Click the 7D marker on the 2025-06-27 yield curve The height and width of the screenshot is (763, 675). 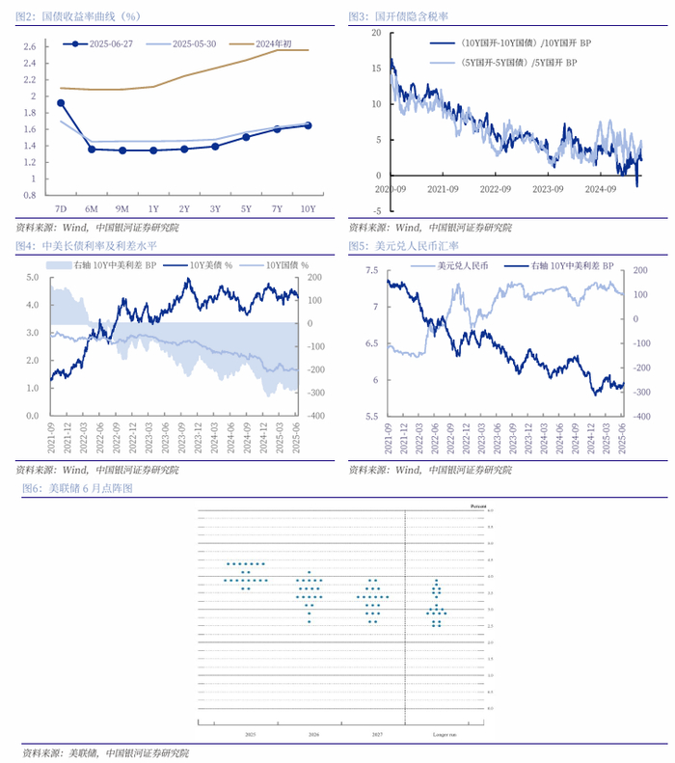click(61, 102)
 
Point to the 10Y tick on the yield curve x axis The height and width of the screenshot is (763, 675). click(308, 207)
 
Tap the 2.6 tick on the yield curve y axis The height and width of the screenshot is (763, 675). click(29, 46)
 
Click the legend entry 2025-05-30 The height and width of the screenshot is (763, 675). click(195, 43)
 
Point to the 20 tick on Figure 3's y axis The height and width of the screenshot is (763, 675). click(376, 32)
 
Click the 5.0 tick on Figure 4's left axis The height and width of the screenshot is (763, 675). click(32, 277)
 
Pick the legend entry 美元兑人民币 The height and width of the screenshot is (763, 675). click(462, 263)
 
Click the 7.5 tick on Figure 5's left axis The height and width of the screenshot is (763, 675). click(370, 272)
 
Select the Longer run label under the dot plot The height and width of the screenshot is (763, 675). click(437, 735)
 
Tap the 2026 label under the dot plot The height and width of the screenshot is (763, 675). click(312, 735)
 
